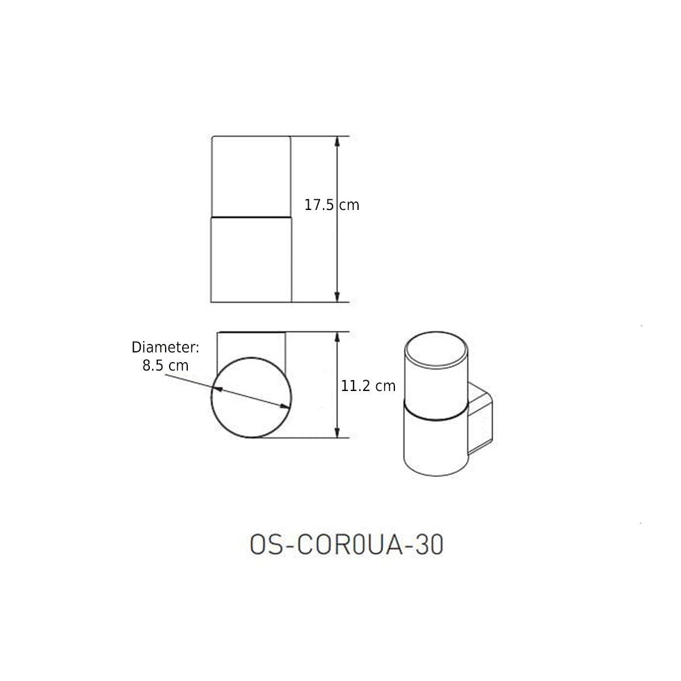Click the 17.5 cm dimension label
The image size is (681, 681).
click(331, 205)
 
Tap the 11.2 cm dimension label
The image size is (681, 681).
click(368, 386)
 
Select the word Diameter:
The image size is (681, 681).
click(165, 347)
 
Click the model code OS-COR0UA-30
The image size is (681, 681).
click(346, 545)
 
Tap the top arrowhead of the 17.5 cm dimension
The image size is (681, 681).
click(337, 141)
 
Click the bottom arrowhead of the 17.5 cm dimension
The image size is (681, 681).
click(337, 297)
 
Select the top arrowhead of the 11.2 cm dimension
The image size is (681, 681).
click(337, 337)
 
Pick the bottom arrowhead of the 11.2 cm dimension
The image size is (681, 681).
click(337, 432)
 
